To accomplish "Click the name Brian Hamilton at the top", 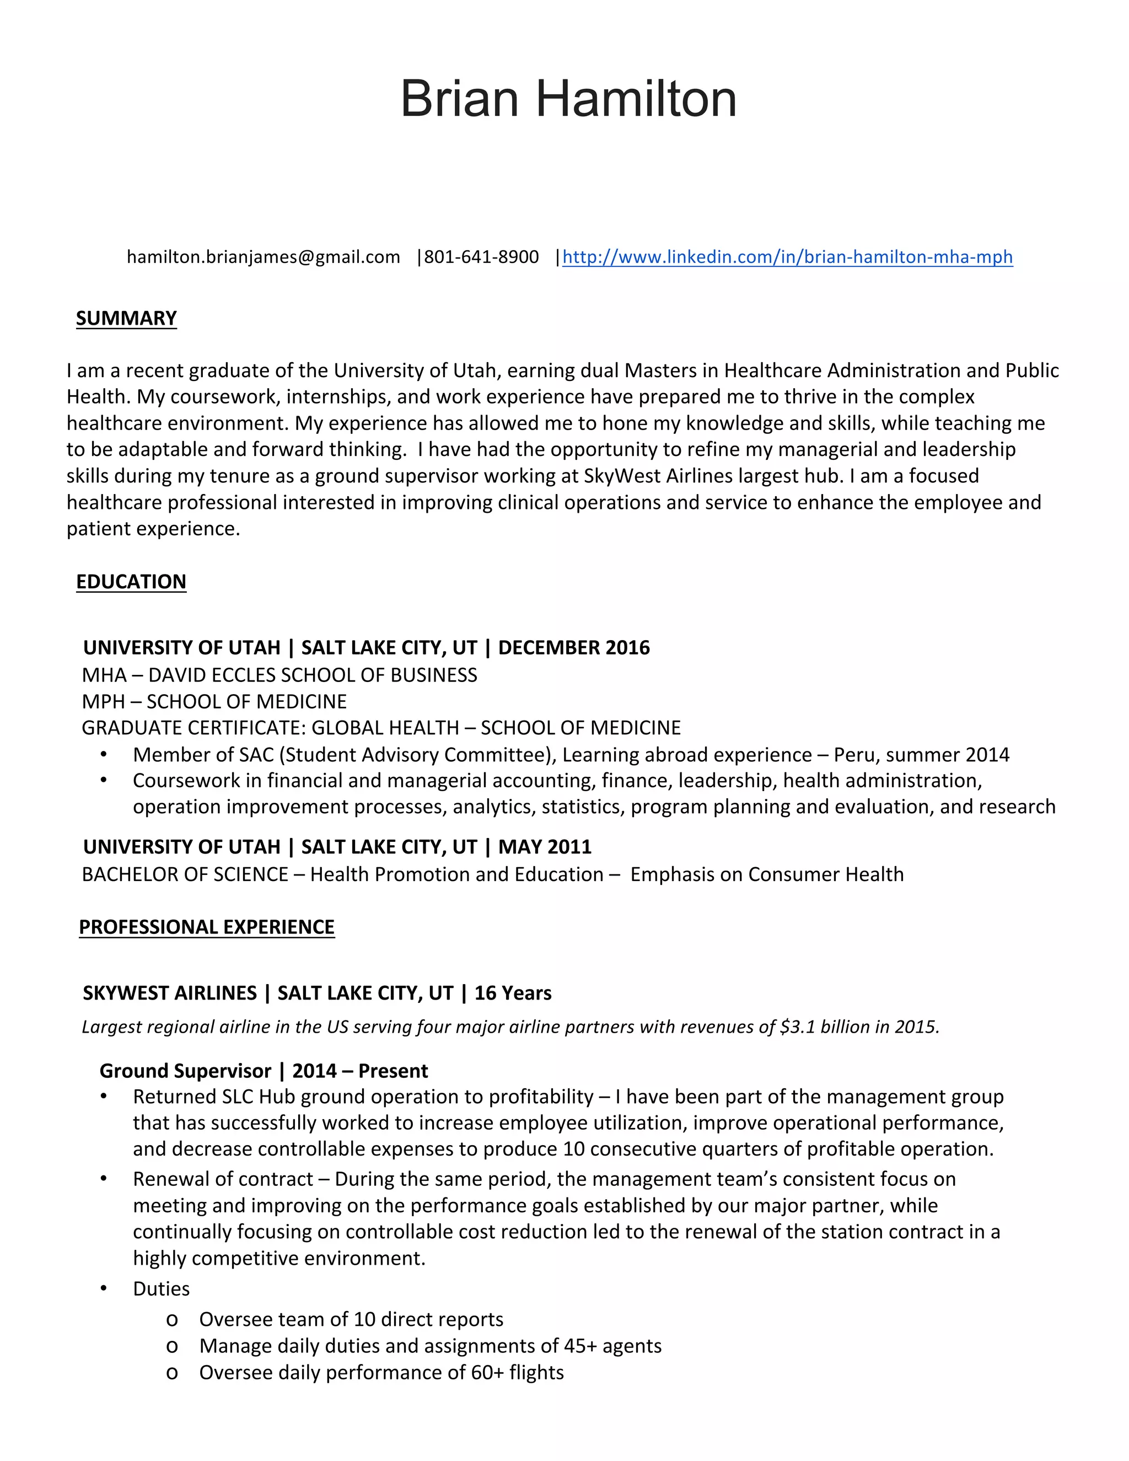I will pyautogui.click(x=568, y=99).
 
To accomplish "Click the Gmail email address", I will pyautogui.click(x=264, y=257).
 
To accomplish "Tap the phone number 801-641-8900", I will pyautogui.click(x=482, y=257).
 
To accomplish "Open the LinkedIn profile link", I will pyautogui.click(x=787, y=257).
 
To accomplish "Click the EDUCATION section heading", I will pyautogui.click(x=131, y=581).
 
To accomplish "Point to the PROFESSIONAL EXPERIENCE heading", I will pyautogui.click(x=207, y=927).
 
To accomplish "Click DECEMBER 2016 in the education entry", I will pyautogui.click(x=574, y=648).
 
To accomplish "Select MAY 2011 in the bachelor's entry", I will pyautogui.click(x=545, y=847).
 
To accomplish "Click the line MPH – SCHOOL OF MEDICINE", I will pyautogui.click(x=214, y=701).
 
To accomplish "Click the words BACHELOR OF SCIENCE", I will pyautogui.click(x=185, y=874).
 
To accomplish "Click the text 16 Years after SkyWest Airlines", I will pyautogui.click(x=513, y=993).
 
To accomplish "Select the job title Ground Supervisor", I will pyautogui.click(x=185, y=1071).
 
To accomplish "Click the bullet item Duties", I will pyautogui.click(x=161, y=1288).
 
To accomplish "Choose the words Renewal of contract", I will pyautogui.click(x=223, y=1179).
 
